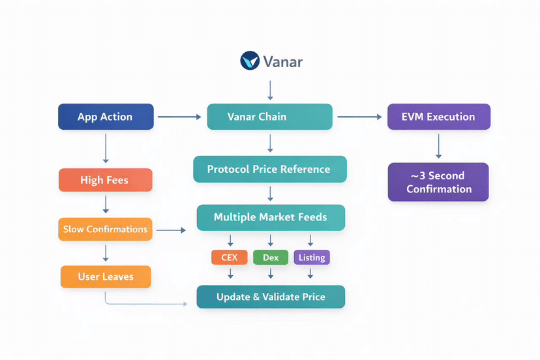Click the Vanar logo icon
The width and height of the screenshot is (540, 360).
pyautogui.click(x=250, y=61)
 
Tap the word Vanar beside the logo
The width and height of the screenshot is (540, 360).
pyautogui.click(x=282, y=62)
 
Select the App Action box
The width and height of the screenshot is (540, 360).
pyautogui.click(x=106, y=117)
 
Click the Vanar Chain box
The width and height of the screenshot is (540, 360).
pyautogui.click(x=269, y=117)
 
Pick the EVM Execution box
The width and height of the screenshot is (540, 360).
pyautogui.click(x=438, y=117)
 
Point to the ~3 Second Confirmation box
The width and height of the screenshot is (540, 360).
pyautogui.click(x=438, y=182)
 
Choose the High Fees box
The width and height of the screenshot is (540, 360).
pyautogui.click(x=105, y=180)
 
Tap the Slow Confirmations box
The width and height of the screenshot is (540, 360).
pyautogui.click(x=105, y=230)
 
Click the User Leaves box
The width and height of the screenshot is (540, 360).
pyautogui.click(x=106, y=277)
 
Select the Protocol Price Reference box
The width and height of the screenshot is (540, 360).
pyautogui.click(x=269, y=169)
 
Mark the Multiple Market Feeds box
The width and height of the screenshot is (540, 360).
pyautogui.click(x=270, y=217)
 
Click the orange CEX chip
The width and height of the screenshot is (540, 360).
pyautogui.click(x=230, y=258)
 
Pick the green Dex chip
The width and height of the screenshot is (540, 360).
pyautogui.click(x=271, y=258)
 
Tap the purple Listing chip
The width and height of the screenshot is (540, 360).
pyautogui.click(x=312, y=258)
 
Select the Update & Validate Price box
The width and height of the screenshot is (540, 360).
pyautogui.click(x=271, y=297)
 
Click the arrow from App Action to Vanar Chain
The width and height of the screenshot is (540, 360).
pyautogui.click(x=179, y=117)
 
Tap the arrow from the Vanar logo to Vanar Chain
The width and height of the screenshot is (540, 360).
pyautogui.click(x=270, y=89)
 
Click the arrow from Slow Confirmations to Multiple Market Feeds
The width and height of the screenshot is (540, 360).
pyautogui.click(x=172, y=230)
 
